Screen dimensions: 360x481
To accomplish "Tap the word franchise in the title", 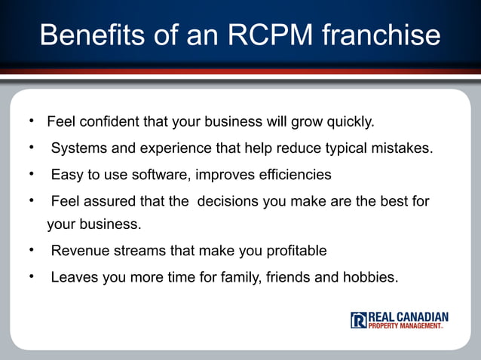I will tap(384, 35).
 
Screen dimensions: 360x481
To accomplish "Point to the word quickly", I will tap(348, 121).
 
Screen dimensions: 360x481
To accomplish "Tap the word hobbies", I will tap(369, 277).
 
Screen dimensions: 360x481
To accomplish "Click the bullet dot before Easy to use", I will tap(32, 175).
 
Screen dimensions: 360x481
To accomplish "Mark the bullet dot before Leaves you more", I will tap(32, 276).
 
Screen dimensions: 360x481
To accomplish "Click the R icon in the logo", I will tap(358, 320).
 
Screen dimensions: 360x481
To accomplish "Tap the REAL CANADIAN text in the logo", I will tap(408, 316).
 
